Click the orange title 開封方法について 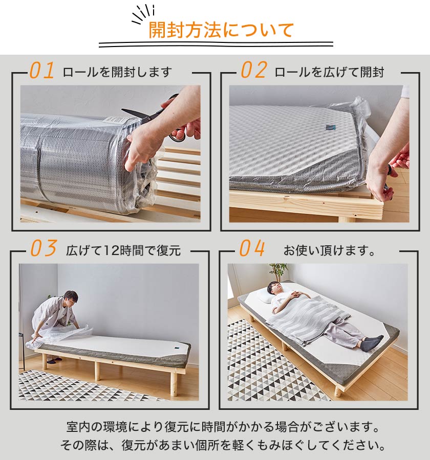[x=221, y=30]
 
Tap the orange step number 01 [x=41, y=71]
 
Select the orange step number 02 [x=253, y=71]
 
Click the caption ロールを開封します [x=117, y=72]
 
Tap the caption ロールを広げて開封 [x=329, y=72]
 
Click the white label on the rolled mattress [x=113, y=119]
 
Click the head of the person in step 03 [x=70, y=298]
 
